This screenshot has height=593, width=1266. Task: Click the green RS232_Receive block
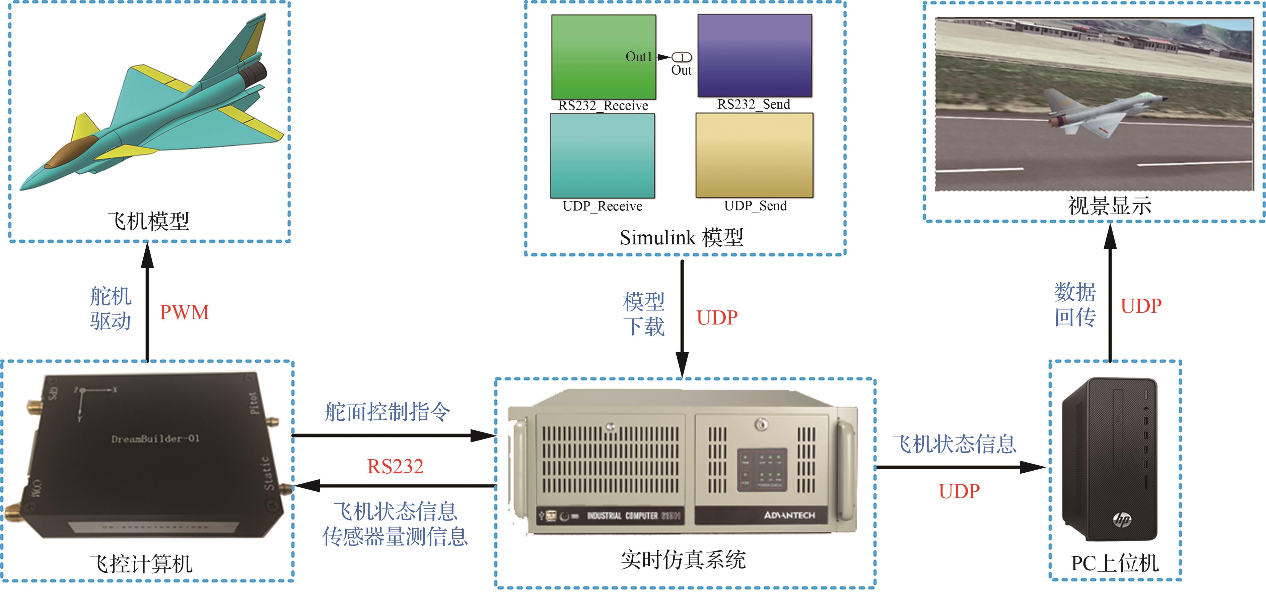(604, 57)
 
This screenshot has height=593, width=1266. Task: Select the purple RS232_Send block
(754, 55)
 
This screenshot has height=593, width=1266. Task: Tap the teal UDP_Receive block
(603, 156)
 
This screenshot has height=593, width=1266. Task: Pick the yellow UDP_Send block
(754, 156)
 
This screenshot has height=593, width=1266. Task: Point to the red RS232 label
(395, 467)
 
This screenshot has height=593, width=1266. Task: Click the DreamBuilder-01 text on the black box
(155, 438)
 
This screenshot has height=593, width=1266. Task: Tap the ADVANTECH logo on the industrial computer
(789, 515)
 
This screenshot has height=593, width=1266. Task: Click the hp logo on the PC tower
(1122, 519)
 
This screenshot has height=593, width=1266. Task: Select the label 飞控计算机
(141, 564)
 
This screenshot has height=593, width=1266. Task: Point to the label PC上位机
(1115, 564)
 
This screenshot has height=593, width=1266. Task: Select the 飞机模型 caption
(148, 221)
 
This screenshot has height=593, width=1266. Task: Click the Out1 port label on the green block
(638, 57)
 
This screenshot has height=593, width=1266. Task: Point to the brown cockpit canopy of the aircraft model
(71, 153)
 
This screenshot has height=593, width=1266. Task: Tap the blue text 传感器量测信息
(395, 536)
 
